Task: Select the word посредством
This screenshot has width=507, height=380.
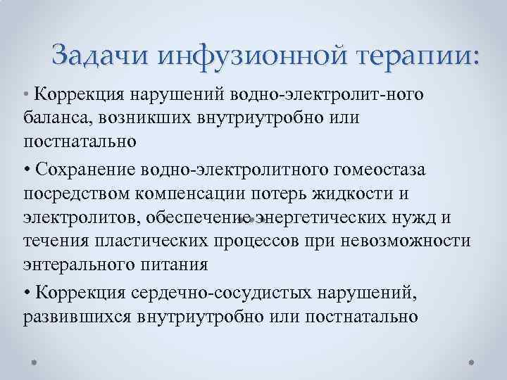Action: (75, 194)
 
